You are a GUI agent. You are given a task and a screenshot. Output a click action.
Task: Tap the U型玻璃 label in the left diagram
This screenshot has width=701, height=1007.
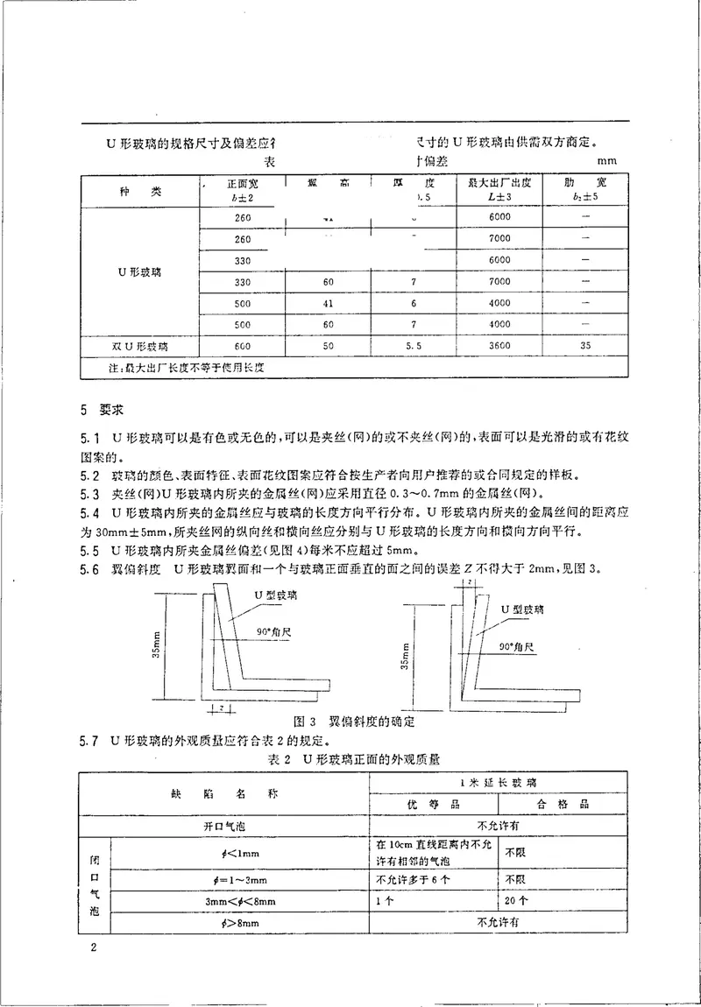[x=272, y=595]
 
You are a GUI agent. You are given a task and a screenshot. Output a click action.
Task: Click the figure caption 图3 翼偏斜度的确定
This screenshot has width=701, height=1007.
[x=354, y=722]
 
